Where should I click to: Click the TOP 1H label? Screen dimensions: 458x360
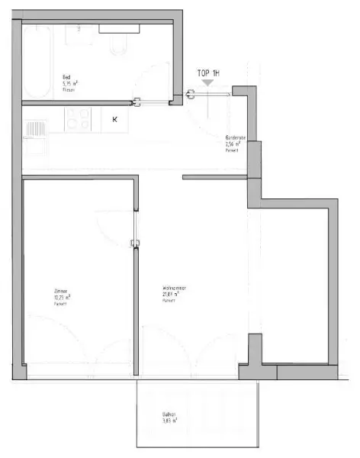pos(209,73)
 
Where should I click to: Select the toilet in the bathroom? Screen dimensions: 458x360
pos(119,46)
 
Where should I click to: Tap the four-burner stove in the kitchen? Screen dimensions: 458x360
pos(77,120)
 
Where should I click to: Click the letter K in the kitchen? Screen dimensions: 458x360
pos(115,120)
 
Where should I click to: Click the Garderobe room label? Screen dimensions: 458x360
pos(233,138)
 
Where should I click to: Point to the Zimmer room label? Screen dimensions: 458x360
pos(60,292)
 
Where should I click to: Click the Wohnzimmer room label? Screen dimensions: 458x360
pos(175,288)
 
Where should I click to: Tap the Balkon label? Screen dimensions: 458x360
pos(169,414)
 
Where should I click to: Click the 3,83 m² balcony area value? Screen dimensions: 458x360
pos(170,421)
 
